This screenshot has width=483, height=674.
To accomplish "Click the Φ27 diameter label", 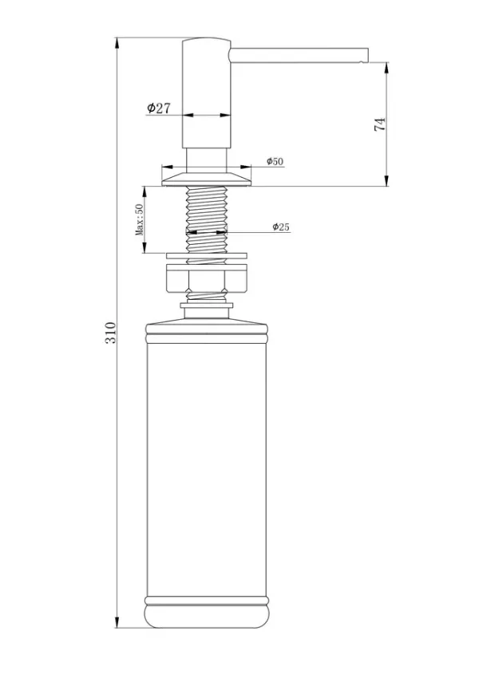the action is coord(158,108).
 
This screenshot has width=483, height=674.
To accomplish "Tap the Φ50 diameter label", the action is coord(275,161).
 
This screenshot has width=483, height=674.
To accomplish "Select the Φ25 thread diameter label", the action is coord(281,227).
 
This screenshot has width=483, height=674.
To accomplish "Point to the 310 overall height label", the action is coord(110,333).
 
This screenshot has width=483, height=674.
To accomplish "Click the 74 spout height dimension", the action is coord(380,124).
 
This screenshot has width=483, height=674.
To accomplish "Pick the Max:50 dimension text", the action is coord(140,219).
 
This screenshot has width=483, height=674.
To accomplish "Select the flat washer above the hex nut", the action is coord(207,256).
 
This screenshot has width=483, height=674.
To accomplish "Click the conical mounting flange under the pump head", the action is coord(207,179).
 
